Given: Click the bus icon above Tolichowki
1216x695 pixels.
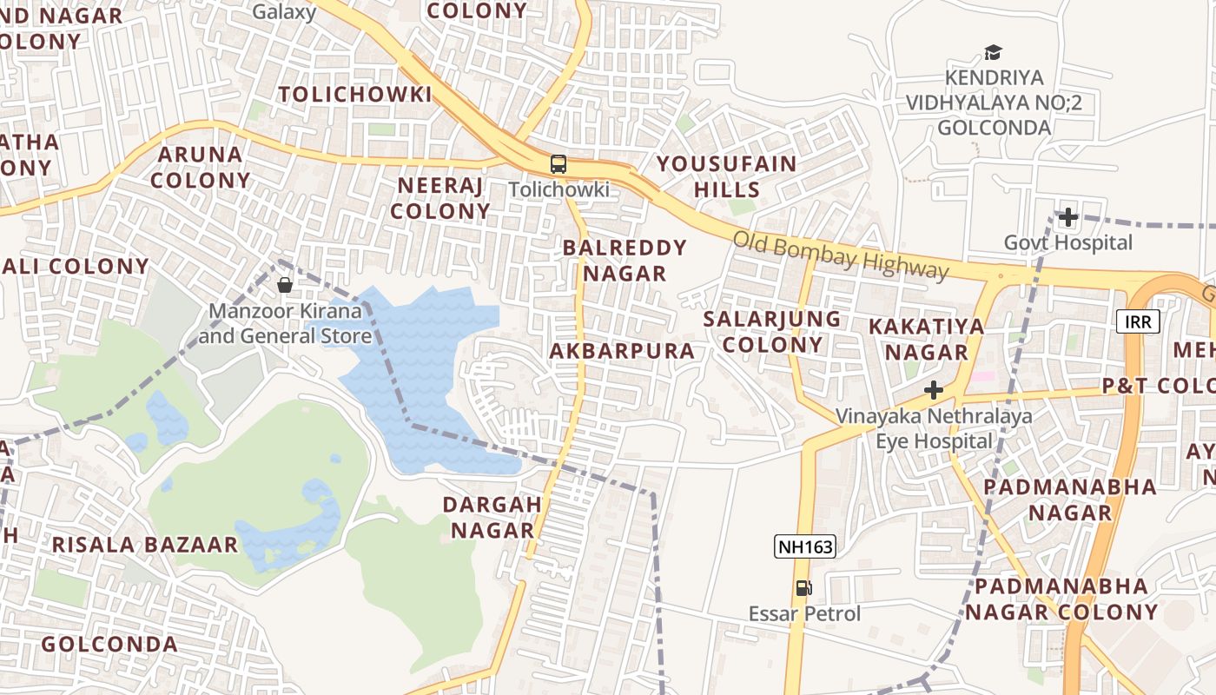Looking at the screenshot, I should [x=558, y=163].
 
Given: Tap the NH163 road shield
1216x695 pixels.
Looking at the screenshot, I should [x=805, y=546].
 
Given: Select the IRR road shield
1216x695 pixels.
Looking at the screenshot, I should [x=1137, y=322].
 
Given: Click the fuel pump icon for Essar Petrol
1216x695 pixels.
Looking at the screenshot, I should [x=804, y=588].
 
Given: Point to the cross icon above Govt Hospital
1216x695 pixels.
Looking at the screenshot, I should [x=1067, y=216].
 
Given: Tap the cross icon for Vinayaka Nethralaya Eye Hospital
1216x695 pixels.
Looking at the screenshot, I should [x=934, y=390].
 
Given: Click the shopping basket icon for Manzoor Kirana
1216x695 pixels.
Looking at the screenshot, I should [x=284, y=284].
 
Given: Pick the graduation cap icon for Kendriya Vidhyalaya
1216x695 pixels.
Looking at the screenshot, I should [x=993, y=53].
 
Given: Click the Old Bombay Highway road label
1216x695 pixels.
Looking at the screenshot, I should [x=840, y=256].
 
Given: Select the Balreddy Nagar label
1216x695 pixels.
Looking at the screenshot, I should [x=625, y=261].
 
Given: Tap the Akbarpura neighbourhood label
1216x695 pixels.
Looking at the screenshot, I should [x=622, y=351].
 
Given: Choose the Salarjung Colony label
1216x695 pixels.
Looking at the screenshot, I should [x=772, y=331].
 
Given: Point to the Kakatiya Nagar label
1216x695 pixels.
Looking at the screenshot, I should [x=927, y=339].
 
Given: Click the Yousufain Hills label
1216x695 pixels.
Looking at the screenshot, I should [x=726, y=176].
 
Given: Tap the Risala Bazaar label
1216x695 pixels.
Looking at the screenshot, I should [x=144, y=545].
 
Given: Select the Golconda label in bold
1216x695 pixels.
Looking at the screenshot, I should [x=109, y=645].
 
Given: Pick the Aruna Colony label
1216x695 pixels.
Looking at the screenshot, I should [x=204, y=168].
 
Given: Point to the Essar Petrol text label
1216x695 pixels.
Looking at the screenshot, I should [x=804, y=613].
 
